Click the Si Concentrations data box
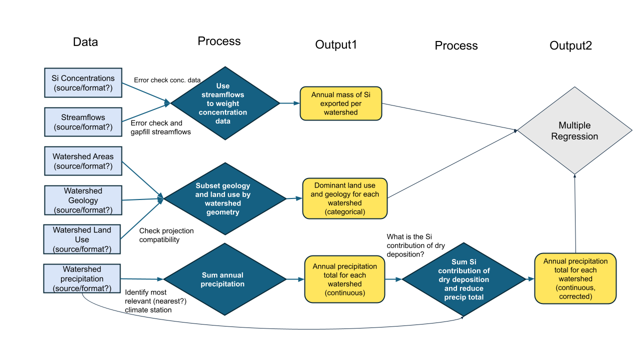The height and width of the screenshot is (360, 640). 83,83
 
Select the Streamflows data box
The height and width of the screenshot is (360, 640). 83,122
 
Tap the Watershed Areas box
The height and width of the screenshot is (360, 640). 83,161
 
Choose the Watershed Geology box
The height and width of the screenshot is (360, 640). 83,200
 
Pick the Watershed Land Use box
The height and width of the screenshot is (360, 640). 83,239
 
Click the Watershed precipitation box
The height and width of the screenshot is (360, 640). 82,278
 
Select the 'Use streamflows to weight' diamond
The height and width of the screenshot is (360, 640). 225,103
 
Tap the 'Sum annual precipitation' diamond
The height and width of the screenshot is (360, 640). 222,279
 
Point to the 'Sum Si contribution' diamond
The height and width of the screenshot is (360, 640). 464,279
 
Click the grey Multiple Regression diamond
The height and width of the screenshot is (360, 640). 574,130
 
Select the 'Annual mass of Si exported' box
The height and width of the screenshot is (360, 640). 340,103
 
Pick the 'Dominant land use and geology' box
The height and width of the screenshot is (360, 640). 345,198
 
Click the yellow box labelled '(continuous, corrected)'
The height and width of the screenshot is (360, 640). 575,278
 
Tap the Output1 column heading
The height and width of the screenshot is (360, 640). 336,44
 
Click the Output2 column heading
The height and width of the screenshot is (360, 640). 570,45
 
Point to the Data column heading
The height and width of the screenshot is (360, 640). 85,42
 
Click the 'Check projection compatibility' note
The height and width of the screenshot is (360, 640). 166,235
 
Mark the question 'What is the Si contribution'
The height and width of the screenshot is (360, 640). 415,245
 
